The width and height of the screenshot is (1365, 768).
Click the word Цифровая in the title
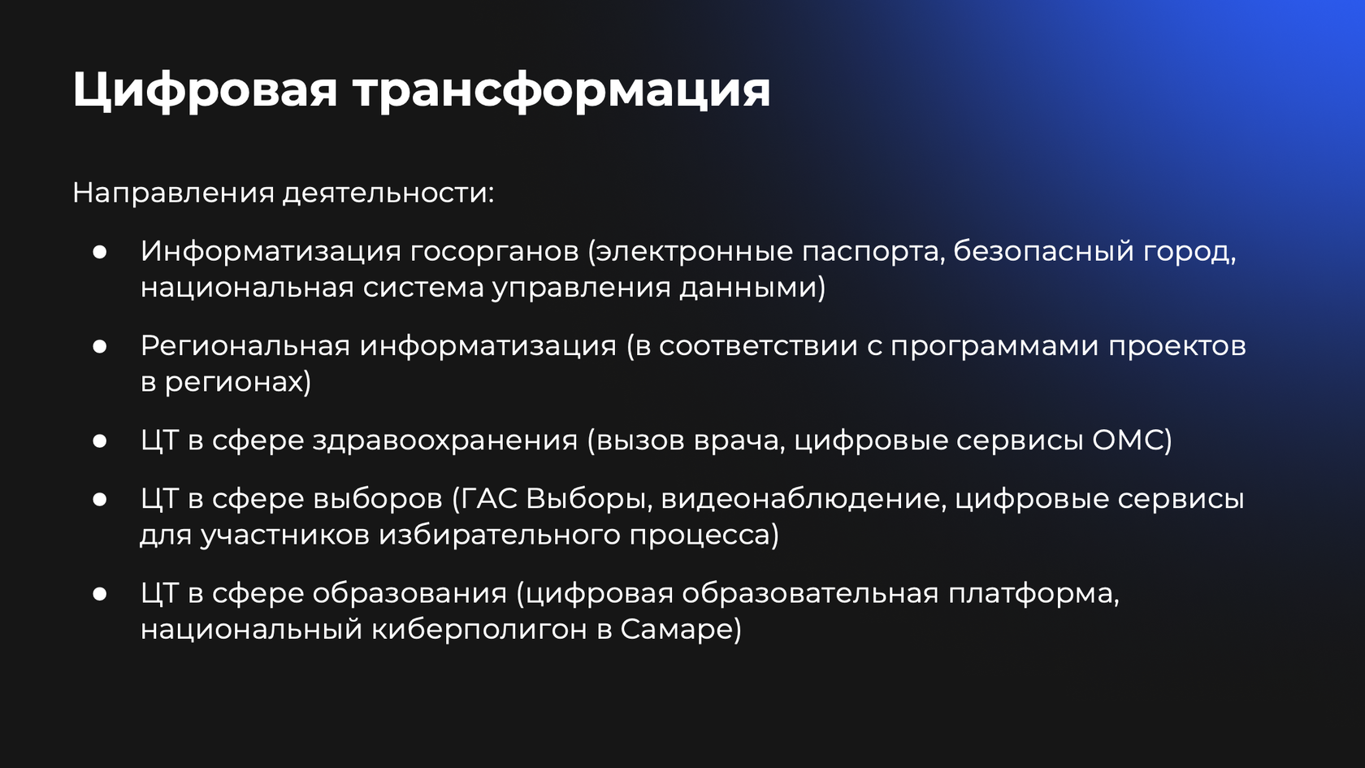(205, 90)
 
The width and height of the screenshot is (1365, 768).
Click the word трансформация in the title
(562, 90)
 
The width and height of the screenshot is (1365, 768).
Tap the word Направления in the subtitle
(174, 193)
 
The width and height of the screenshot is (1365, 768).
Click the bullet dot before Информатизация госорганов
(100, 252)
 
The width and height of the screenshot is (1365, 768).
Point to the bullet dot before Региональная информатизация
(100, 346)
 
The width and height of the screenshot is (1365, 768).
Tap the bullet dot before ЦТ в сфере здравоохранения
(100, 440)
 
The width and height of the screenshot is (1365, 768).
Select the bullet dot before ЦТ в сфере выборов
(100, 499)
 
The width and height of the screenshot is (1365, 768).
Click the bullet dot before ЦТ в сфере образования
(100, 593)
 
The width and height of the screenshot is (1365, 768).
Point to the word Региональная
(245, 346)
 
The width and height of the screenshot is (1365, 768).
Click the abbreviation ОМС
(1128, 440)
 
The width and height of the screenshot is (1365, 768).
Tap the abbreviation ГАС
(490, 499)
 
